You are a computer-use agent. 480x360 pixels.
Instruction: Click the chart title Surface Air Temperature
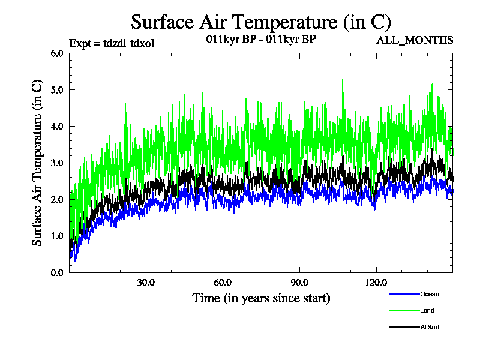click(261, 22)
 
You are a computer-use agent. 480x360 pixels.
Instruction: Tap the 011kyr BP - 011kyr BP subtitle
click(257, 40)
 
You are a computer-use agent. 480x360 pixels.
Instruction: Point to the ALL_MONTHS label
click(415, 40)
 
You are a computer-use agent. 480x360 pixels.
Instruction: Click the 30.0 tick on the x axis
click(146, 283)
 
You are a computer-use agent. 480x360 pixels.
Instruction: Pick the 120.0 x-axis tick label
click(376, 283)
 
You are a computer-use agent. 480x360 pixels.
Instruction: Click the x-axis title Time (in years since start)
click(261, 298)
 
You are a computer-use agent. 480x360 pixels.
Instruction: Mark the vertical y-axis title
click(37, 163)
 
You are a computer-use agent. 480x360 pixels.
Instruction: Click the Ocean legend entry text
click(430, 295)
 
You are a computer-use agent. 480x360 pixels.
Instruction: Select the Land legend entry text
click(427, 311)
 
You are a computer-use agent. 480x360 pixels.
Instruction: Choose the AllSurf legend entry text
click(430, 327)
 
